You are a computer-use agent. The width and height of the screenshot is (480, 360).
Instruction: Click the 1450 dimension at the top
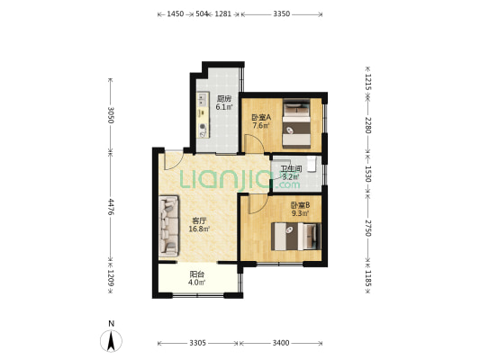175,13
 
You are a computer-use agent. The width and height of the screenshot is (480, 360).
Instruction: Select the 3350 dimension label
282,13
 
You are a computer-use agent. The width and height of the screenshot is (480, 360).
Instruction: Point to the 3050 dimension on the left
111,115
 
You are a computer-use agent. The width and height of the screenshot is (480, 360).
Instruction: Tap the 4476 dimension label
111,207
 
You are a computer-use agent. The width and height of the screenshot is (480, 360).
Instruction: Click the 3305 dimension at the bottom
197,343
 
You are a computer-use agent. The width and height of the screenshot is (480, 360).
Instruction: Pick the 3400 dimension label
281,343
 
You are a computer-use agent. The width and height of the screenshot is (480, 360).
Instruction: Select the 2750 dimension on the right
368,229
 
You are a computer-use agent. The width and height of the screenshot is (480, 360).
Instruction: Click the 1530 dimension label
368,174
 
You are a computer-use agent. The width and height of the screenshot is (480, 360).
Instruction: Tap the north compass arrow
111,340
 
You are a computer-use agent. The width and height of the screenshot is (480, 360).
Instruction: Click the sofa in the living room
169,226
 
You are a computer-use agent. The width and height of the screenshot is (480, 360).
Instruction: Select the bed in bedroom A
296,123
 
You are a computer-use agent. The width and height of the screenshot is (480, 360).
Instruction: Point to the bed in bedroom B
296,237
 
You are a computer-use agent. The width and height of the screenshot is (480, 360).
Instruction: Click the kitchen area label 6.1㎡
223,107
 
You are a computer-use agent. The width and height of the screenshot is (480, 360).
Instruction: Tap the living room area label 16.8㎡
199,229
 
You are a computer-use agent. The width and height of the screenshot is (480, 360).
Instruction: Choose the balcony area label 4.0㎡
196,283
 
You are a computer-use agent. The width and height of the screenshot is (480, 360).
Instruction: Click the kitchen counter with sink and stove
203,114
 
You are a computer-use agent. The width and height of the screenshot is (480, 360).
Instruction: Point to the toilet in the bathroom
312,164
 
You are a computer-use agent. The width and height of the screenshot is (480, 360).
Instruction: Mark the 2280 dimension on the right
368,125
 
